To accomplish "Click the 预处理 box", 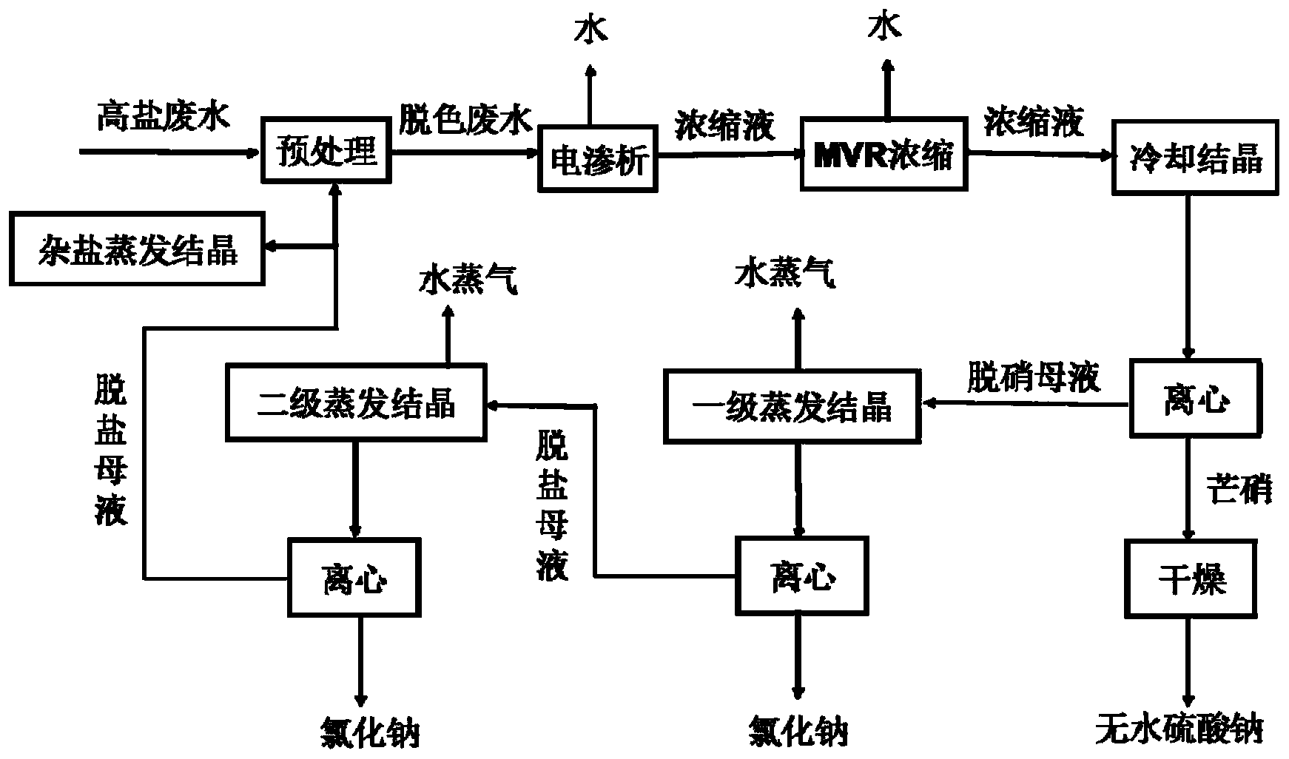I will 326,151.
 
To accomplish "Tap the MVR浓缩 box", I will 885,154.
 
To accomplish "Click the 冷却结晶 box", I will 1196,159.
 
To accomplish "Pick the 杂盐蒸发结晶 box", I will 137,249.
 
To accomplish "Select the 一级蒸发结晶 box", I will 792,406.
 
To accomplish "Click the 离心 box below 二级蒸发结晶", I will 354,578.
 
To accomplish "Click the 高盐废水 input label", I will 164,118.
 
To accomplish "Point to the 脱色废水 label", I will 465,118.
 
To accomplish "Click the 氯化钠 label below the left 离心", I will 369,731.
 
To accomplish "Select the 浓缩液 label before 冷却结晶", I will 1034,121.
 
